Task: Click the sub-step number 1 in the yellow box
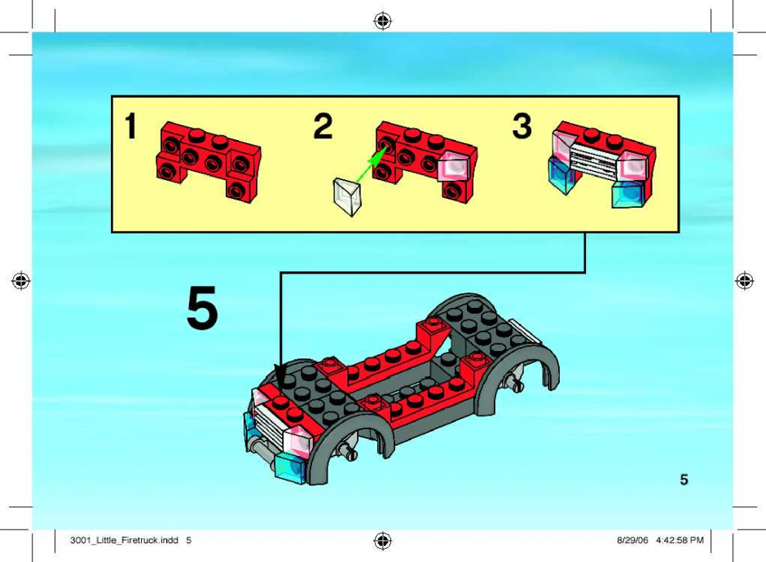(130, 126)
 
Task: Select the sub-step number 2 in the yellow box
(323, 126)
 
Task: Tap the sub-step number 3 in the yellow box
(522, 126)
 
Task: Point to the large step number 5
(202, 308)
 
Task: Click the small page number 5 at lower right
(684, 480)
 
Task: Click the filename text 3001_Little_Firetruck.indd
(124, 540)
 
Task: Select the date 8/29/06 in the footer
(632, 540)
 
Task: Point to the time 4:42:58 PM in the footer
(680, 540)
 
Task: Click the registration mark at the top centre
(382, 20)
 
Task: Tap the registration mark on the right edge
(745, 281)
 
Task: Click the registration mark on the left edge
(20, 281)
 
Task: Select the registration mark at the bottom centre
(382, 541)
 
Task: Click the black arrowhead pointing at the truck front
(281, 377)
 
